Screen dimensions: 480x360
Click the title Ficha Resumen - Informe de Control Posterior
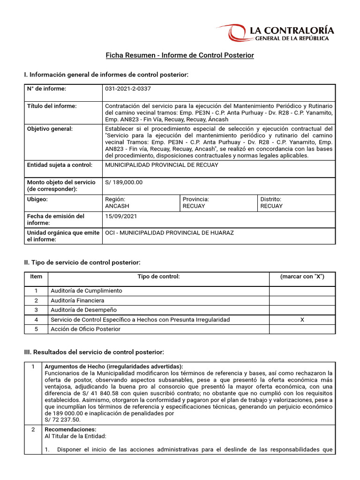tap(180, 55)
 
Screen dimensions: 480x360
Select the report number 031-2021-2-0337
tap(128, 89)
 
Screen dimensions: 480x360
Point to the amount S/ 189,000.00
tap(124, 182)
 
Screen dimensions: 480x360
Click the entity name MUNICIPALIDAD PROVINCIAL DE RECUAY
tap(161, 165)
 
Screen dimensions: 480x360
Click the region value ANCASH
tap(117, 206)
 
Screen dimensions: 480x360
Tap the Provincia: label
tap(195, 199)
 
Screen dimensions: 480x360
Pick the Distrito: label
tap(271, 199)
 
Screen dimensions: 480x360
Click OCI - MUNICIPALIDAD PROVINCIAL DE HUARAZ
tap(169, 233)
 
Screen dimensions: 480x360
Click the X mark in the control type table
tap(302, 320)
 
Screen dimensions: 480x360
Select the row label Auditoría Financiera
tap(77, 300)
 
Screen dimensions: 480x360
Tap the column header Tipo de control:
tap(158, 277)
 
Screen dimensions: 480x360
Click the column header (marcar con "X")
tap(302, 277)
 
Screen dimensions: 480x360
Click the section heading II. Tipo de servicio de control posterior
tap(82, 262)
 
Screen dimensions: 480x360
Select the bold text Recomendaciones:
tap(70, 429)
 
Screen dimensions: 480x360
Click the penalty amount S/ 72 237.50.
tap(63, 420)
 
